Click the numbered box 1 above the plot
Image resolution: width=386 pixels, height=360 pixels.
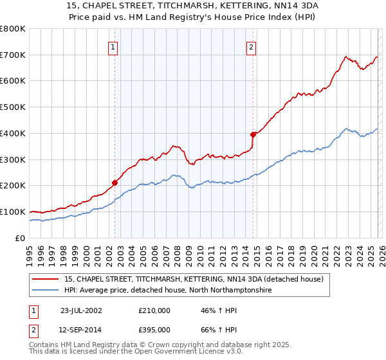point(113,46)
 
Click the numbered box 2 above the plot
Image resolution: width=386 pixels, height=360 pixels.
point(251,46)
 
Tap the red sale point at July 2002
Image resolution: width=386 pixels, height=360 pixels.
point(115,183)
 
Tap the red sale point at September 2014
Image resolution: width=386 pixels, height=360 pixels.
point(253,134)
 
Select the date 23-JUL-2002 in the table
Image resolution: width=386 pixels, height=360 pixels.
point(81,310)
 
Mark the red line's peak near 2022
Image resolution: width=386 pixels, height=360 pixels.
point(345,57)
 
